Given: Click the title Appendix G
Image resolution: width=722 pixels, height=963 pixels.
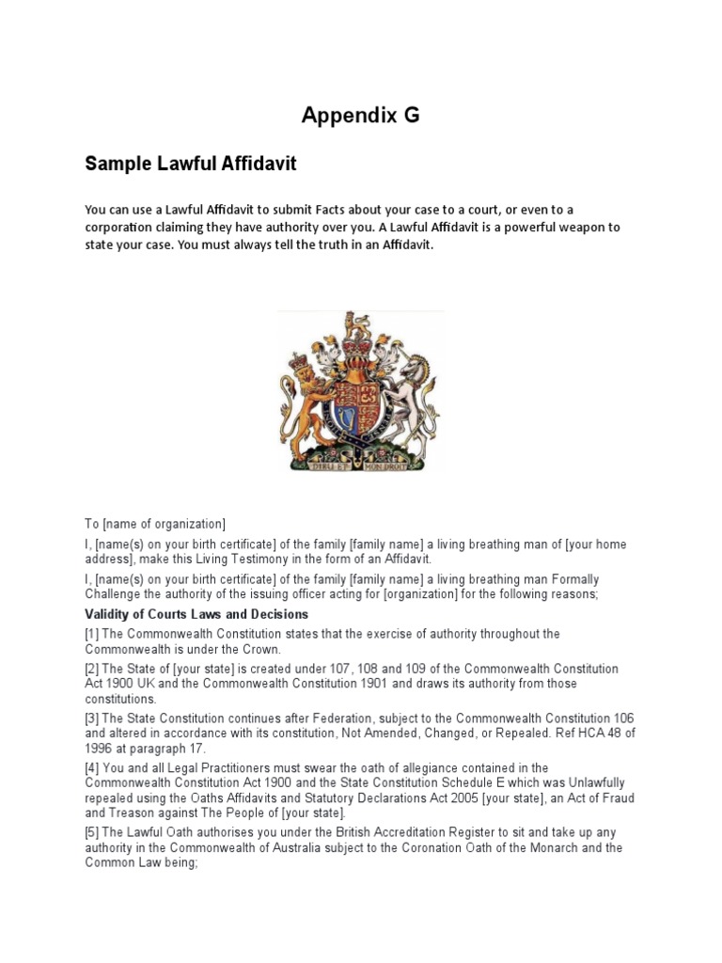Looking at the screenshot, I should click(360, 116).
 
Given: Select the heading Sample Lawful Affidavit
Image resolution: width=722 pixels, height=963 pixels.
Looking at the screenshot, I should click(190, 165).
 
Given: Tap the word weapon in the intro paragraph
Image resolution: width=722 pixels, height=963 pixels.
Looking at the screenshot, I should click(579, 228).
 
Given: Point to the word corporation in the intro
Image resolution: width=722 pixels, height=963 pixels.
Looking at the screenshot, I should click(120, 228).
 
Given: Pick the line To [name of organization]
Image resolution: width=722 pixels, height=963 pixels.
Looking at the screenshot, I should click(155, 524).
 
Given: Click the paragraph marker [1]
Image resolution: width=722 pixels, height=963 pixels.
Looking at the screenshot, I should click(93, 634).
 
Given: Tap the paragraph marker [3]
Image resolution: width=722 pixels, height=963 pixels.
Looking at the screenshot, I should click(93, 718).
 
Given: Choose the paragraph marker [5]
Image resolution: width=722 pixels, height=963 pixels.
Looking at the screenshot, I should click(93, 833).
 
